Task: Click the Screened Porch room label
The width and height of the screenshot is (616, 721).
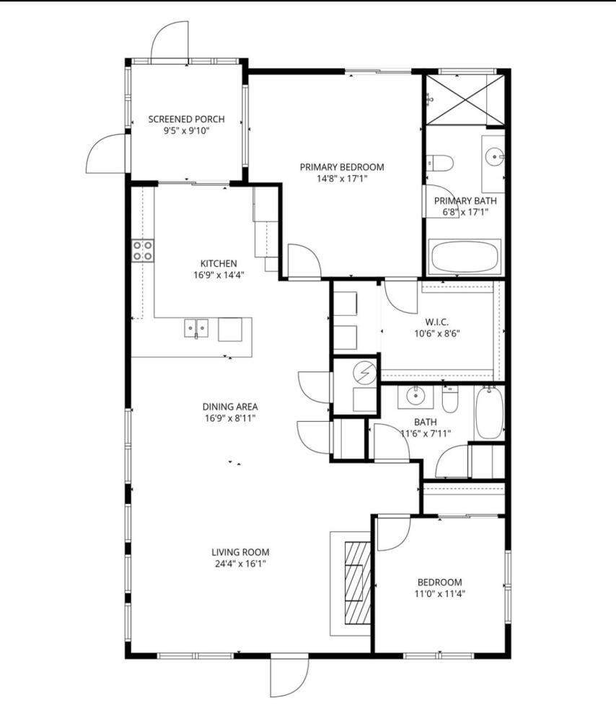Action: (x=186, y=119)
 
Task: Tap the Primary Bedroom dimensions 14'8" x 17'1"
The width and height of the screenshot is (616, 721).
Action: (x=342, y=179)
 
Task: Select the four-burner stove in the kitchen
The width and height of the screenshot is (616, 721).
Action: (x=143, y=251)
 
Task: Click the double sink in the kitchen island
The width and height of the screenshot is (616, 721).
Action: (x=196, y=329)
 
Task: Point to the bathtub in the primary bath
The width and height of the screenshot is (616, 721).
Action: (x=465, y=257)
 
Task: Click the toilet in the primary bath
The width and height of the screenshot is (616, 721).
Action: (x=439, y=163)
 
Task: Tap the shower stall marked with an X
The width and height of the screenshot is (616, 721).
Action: (x=465, y=99)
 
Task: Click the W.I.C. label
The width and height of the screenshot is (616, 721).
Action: (x=436, y=322)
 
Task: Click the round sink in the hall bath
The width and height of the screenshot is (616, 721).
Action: (x=415, y=395)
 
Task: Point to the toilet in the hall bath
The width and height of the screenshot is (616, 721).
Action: (x=449, y=399)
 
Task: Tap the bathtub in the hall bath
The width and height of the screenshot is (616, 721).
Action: (x=490, y=413)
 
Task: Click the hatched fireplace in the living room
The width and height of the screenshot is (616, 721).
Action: (x=358, y=583)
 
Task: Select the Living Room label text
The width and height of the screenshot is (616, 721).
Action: (x=240, y=552)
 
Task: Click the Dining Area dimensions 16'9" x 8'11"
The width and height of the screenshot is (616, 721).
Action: (x=230, y=418)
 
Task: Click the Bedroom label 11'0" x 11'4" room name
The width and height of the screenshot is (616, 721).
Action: (x=439, y=582)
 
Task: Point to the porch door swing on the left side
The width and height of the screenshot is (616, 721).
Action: (x=106, y=154)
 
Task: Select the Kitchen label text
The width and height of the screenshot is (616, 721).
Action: (x=219, y=263)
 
